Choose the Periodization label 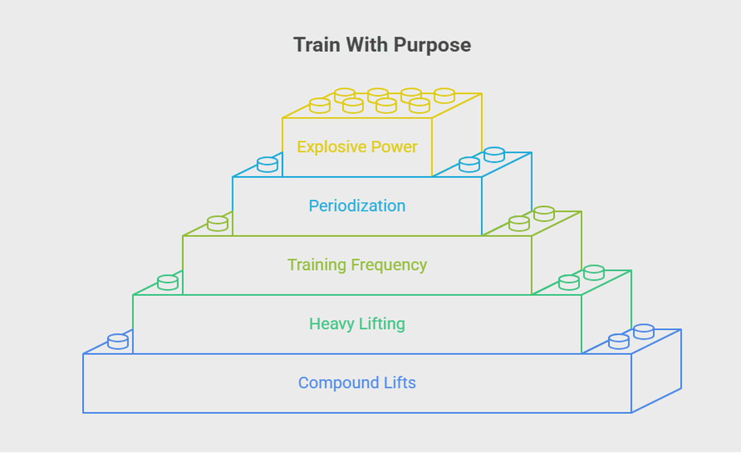point(357,206)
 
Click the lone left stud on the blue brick point(118,341)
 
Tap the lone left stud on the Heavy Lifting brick point(168,282)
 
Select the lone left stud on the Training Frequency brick point(217,223)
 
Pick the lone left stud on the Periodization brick point(268,164)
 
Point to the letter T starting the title point(300,45)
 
